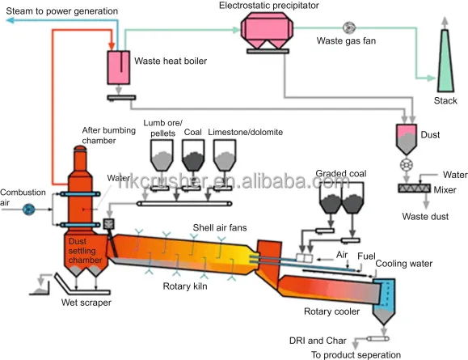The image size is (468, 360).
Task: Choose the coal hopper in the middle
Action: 194,152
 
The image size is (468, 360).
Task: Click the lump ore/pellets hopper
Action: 162,152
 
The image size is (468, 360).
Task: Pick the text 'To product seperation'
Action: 356,354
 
